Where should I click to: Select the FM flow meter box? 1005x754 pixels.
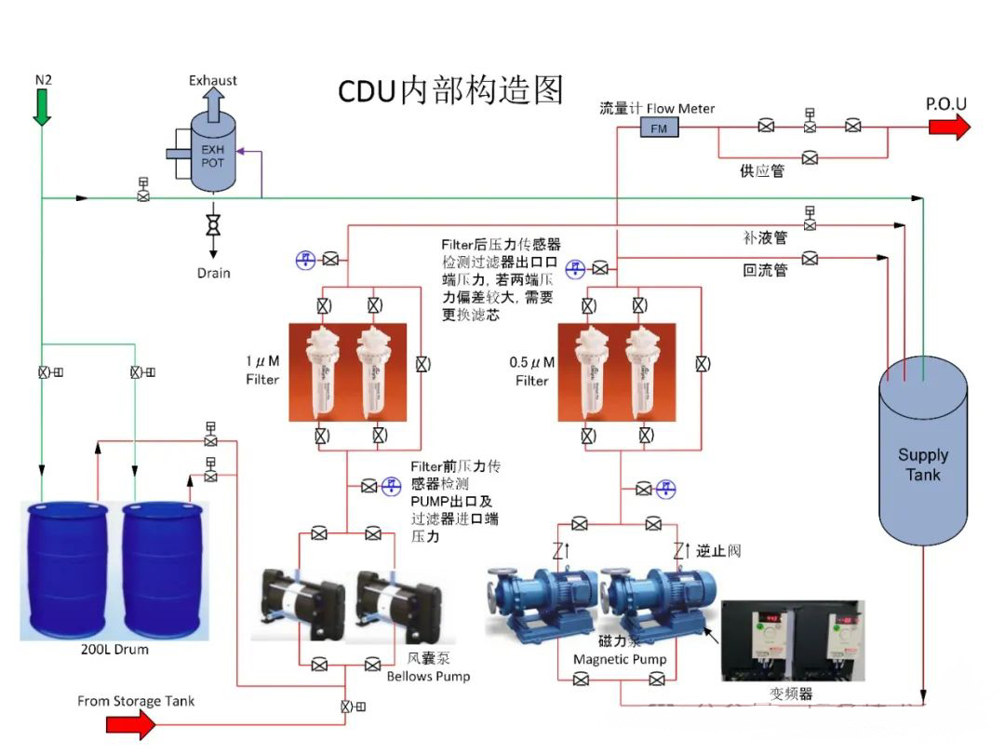coord(659,128)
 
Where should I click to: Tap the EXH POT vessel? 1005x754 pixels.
coord(213,155)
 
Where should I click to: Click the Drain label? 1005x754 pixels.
coord(213,273)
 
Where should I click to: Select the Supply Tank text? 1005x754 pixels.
coord(922,465)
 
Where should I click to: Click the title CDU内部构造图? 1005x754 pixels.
coord(450,90)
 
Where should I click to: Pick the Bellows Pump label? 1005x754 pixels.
coord(428,676)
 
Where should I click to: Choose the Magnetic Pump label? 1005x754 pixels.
coord(620,659)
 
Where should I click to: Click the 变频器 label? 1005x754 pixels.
coord(792,693)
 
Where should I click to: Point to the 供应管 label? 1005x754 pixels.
coord(761,170)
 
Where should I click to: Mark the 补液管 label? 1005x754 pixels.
coord(765,237)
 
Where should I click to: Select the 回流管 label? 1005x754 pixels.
coord(765,270)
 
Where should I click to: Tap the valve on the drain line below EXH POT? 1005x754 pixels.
coord(213,224)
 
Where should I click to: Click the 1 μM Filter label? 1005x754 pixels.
coord(262,370)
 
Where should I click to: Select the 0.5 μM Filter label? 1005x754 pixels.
coord(532,370)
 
